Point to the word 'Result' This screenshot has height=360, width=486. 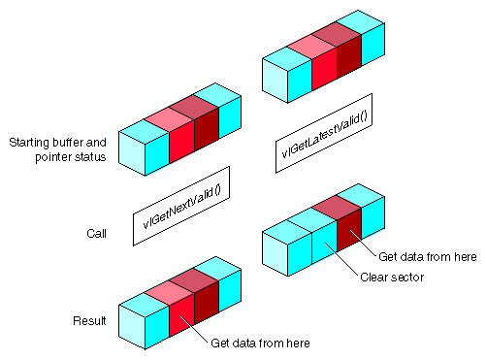90,320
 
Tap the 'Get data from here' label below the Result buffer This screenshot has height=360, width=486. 259,343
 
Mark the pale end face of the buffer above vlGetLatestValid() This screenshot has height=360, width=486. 275,81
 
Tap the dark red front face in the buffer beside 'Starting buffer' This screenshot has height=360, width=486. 204,136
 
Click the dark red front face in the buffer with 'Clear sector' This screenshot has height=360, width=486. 348,232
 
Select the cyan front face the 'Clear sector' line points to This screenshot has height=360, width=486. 325,245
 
